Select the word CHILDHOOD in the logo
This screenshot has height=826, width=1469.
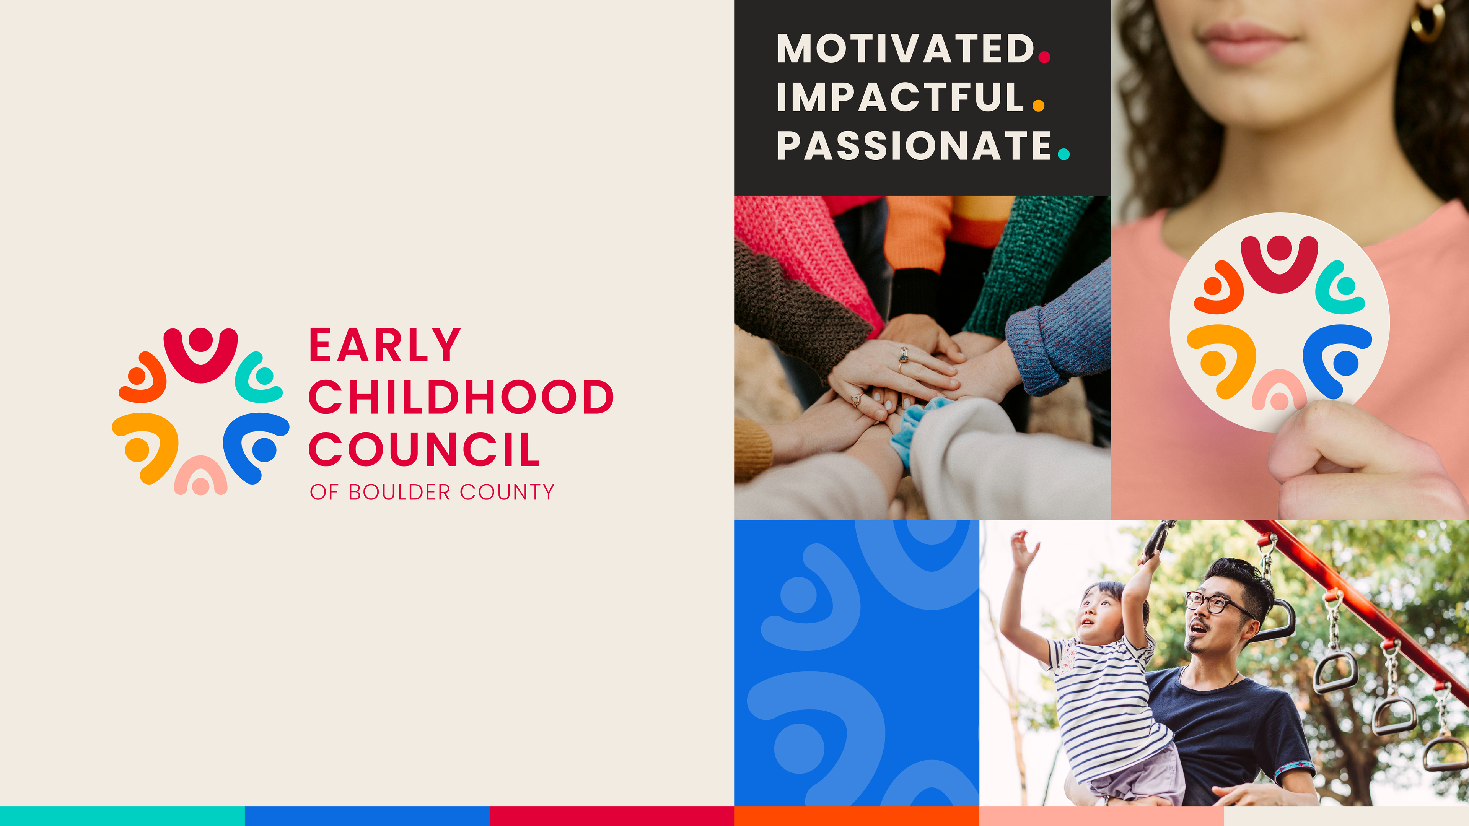[x=461, y=397]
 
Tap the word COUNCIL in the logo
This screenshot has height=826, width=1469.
[x=424, y=449]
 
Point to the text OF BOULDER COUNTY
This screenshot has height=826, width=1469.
[x=432, y=492]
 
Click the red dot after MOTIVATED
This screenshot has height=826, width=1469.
[x=1044, y=57]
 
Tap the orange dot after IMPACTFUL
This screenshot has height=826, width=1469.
[x=1039, y=105]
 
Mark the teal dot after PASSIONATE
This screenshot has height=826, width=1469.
[x=1063, y=153]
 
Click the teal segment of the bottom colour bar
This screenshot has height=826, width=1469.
[x=122, y=816]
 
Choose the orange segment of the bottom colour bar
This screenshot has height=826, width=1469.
[x=857, y=816]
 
